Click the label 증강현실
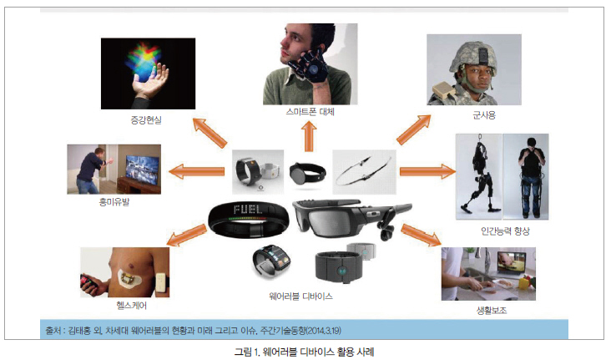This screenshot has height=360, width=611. (146, 119)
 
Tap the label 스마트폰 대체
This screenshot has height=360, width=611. (311, 112)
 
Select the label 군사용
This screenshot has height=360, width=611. (484, 115)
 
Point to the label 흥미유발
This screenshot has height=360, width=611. (114, 201)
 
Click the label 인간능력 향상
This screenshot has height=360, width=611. (505, 231)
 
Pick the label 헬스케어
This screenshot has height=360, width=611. (131, 306)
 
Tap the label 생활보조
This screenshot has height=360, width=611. (492, 310)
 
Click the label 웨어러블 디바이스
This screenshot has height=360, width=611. (300, 297)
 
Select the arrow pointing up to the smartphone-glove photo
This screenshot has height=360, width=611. (309, 136)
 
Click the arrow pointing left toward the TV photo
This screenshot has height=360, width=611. (196, 171)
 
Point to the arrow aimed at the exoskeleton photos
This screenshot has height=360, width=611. (428, 171)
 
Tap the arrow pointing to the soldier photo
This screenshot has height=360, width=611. (414, 129)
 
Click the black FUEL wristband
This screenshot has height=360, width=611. (248, 220)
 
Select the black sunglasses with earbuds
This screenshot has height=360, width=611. (351, 219)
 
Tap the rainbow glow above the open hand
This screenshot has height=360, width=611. (144, 62)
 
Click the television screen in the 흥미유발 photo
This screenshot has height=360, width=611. (142, 170)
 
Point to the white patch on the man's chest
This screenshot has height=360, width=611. (129, 279)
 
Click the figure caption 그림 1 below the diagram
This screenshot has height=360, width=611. (304, 352)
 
